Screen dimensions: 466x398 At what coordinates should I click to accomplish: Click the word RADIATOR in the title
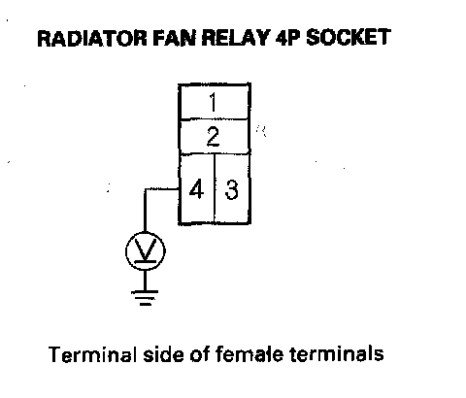[x=92, y=38]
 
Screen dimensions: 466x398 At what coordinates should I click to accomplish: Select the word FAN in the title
[x=175, y=38]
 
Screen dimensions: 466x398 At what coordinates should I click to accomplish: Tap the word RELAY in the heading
[x=236, y=38]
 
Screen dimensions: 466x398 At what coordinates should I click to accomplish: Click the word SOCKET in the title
[x=349, y=37]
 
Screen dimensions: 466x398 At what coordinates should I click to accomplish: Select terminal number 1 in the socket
[x=213, y=102]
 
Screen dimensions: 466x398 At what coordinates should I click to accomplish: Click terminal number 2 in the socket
[x=213, y=136]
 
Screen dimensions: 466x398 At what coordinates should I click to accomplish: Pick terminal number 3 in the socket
[x=231, y=189]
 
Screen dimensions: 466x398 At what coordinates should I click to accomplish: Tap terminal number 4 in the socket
[x=196, y=188]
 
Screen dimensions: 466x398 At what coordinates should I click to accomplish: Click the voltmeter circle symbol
[x=146, y=232]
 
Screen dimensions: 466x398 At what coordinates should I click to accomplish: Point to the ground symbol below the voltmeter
[x=145, y=298]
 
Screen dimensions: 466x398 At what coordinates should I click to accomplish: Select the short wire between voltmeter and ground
[x=145, y=281]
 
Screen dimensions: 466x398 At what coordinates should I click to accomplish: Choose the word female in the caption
[x=250, y=353]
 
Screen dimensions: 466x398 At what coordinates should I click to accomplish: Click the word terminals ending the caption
[x=337, y=353]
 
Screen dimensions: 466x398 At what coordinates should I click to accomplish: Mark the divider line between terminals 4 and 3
[x=214, y=188]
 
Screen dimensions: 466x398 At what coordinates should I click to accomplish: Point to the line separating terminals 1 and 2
[x=214, y=119]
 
